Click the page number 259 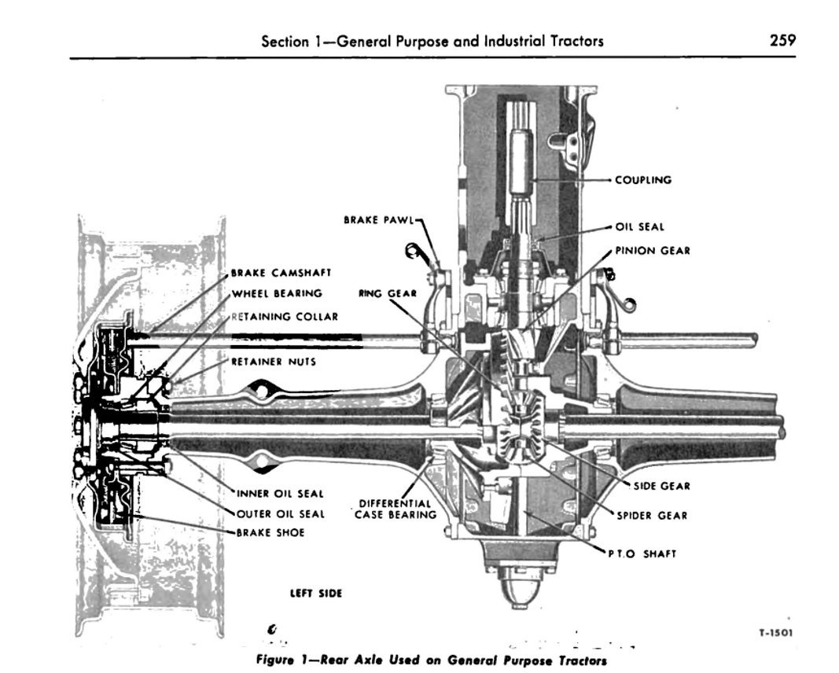782,40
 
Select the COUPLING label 642,180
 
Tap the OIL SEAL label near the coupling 639,227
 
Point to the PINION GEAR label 653,250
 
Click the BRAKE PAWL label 379,220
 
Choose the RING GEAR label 388,293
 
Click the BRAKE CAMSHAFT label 281,273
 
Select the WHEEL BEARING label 277,293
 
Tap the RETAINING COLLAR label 285,317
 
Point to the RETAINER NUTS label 274,362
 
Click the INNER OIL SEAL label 280,494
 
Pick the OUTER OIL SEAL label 281,514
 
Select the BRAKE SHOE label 270,533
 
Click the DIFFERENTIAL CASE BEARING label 396,509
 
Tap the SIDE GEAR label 662,487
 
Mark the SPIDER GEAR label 652,516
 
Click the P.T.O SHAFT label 642,554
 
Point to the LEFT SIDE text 315,594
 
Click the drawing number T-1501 776,633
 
